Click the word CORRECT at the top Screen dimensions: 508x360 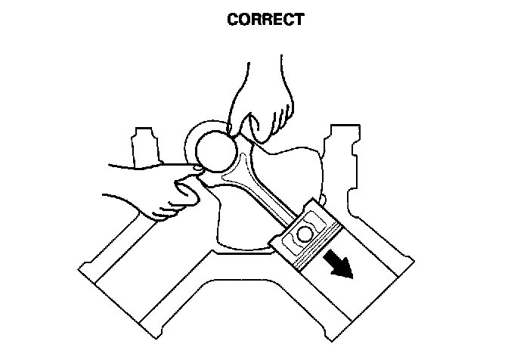point(265,20)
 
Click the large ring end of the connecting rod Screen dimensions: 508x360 point(212,144)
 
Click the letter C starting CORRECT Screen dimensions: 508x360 point(233,20)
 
